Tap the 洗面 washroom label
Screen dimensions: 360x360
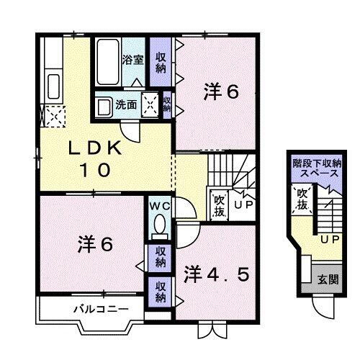[x=127, y=105]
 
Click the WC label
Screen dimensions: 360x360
[x=160, y=204]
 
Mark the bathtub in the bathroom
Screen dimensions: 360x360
[x=108, y=62]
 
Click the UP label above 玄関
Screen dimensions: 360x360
[x=330, y=239]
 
